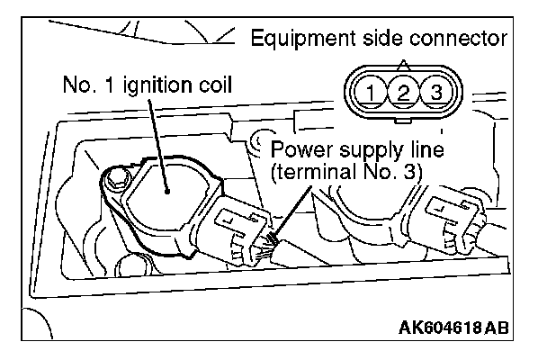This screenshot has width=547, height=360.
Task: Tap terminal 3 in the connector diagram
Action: (x=435, y=91)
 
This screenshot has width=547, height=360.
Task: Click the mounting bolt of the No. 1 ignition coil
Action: (x=114, y=184)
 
